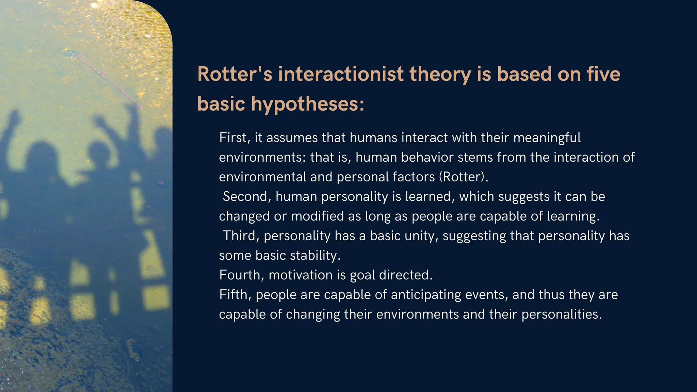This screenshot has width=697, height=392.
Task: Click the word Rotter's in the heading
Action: (234, 74)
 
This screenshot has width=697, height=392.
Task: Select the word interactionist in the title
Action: (341, 74)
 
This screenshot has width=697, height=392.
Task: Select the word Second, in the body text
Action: (247, 197)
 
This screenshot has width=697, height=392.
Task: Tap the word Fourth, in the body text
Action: (242, 275)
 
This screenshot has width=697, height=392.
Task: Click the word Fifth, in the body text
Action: (235, 295)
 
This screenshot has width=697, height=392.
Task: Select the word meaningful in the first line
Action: (547, 138)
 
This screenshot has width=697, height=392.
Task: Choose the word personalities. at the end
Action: (562, 314)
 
